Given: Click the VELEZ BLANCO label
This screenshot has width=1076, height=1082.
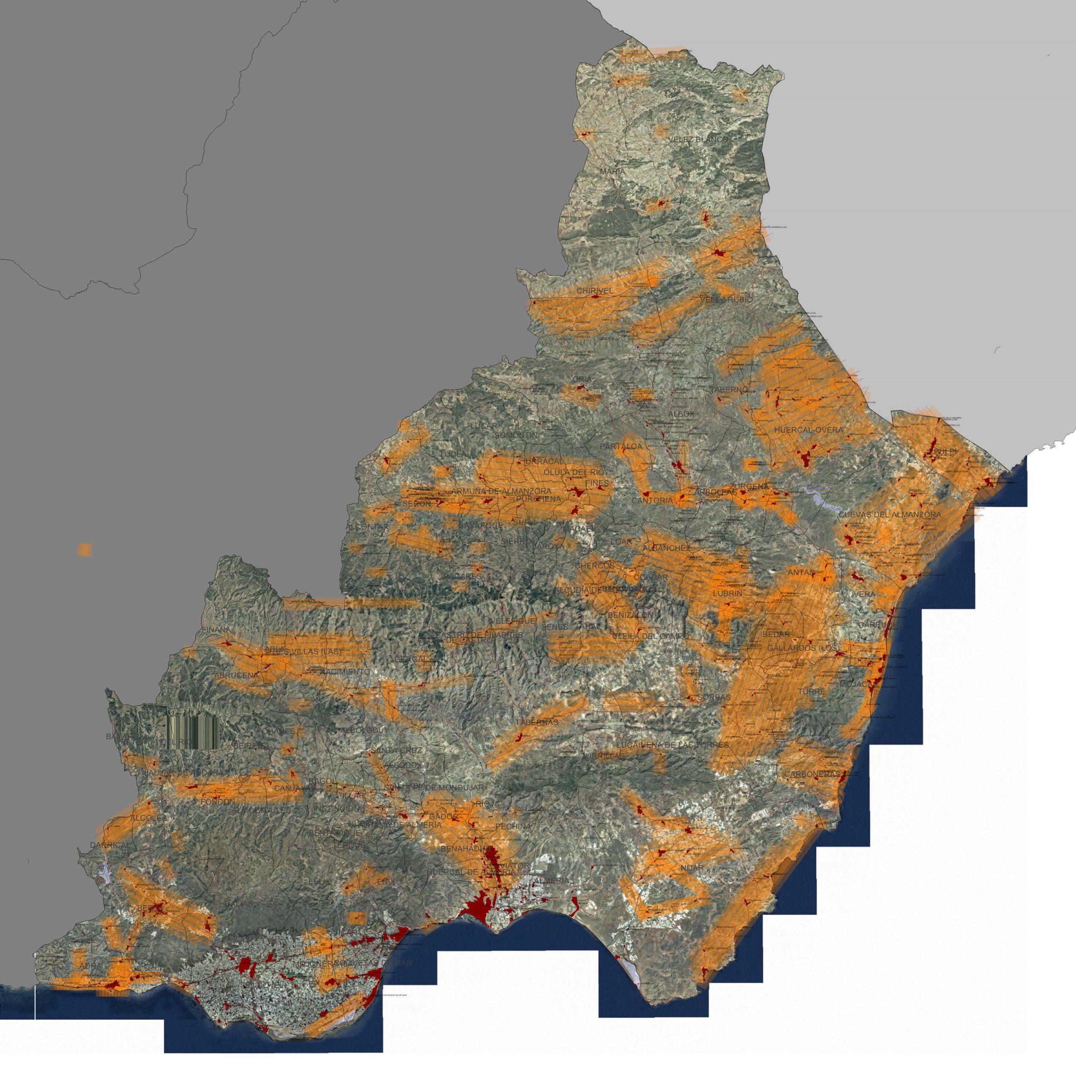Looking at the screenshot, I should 699,139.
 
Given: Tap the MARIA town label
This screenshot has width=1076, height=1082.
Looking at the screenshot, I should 612,171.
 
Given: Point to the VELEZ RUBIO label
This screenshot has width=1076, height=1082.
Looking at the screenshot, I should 726,300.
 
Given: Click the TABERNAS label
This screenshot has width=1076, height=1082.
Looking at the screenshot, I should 537,722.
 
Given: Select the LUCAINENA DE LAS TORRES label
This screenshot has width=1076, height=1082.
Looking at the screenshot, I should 672,745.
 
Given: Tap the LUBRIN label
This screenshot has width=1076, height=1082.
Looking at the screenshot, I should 728,593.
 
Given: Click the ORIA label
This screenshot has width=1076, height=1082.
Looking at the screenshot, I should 582,380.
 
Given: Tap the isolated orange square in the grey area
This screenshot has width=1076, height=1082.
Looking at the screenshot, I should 85,549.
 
